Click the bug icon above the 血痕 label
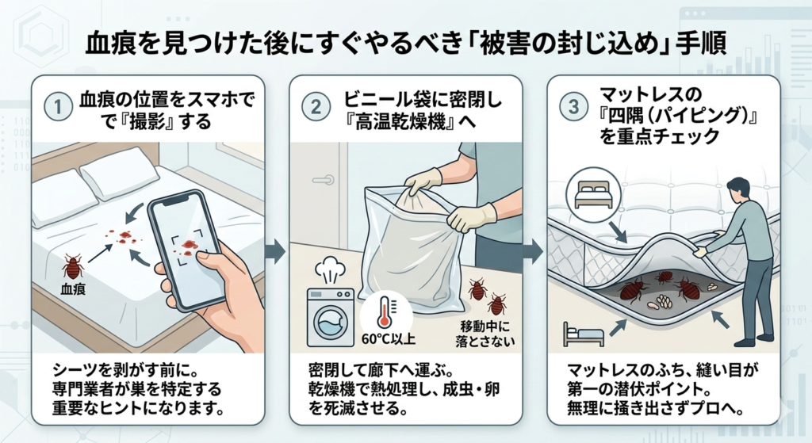tap(73, 266)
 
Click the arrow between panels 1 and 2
tap(274, 252)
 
